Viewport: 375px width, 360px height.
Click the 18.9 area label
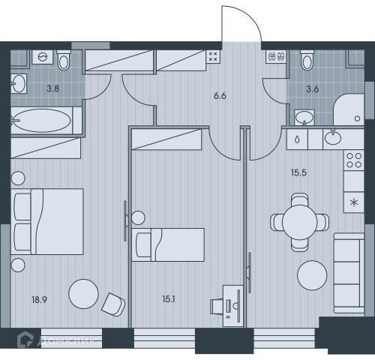(39, 299)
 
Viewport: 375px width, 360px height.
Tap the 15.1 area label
(169, 299)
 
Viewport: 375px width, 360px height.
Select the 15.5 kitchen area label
(298, 172)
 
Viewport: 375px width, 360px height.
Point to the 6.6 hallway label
(220, 96)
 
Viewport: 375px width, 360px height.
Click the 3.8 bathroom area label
(53, 88)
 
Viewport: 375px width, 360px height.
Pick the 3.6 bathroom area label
(313, 89)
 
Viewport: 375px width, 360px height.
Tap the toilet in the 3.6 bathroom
(307, 60)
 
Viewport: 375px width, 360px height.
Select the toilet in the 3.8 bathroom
(64, 60)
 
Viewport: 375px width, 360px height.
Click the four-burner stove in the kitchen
(354, 160)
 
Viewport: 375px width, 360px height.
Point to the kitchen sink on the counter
(333, 137)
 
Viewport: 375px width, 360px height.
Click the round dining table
(299, 222)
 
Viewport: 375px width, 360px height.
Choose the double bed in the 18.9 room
(47, 222)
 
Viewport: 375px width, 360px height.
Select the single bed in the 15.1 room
(168, 244)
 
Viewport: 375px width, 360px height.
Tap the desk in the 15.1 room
(233, 306)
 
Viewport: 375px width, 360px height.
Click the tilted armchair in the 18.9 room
(113, 304)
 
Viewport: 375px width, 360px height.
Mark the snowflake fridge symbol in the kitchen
(354, 202)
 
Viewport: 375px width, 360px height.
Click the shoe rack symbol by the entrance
(276, 56)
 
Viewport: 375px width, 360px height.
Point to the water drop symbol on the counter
(297, 139)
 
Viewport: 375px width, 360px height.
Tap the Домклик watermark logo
(57, 340)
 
